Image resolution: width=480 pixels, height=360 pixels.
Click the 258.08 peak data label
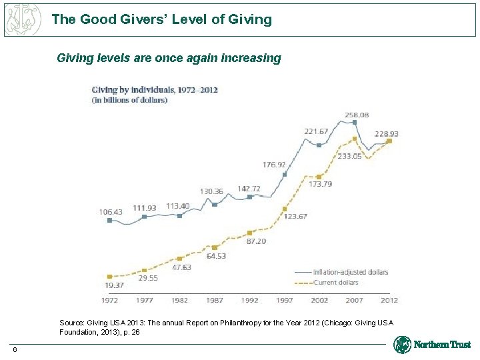(x=357, y=115)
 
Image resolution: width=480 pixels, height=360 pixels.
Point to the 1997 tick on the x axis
(x=285, y=300)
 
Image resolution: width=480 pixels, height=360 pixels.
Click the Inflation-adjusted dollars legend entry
(x=342, y=272)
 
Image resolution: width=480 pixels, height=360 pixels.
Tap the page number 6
(x=14, y=351)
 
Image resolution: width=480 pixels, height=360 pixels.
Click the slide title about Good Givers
(x=161, y=19)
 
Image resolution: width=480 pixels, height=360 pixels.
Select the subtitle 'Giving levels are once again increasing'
(x=169, y=58)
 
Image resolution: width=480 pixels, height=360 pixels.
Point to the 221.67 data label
(x=316, y=131)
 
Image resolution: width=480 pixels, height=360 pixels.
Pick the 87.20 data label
(x=256, y=241)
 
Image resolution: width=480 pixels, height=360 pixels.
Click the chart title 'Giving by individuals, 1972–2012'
(x=155, y=89)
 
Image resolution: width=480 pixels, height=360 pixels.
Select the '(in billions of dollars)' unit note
(x=129, y=100)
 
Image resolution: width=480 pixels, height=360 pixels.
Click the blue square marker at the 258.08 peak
(x=355, y=123)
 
